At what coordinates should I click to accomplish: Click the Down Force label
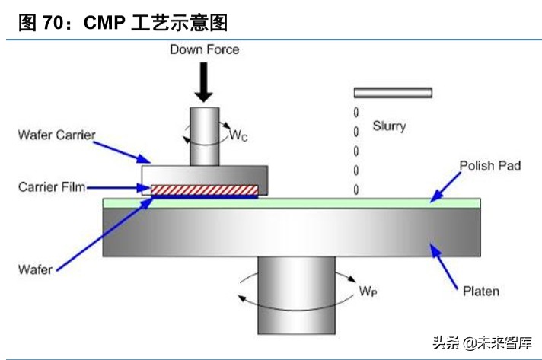204,49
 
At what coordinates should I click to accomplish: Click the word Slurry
389,126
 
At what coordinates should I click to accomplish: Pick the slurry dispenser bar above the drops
393,93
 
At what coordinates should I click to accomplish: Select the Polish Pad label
490,165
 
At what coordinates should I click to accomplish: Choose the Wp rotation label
368,291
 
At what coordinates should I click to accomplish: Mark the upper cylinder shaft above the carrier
204,135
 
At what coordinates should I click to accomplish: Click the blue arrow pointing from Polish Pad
448,186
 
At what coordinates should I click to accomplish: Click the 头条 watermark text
445,342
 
